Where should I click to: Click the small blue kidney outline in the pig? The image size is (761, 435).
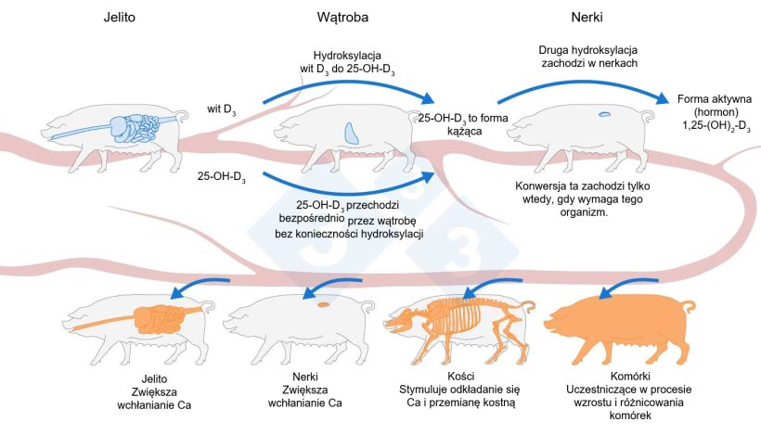pyautogui.click(x=604, y=115)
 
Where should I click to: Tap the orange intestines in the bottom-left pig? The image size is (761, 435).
pyautogui.click(x=158, y=321)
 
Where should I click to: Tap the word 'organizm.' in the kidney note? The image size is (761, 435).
pyautogui.click(x=583, y=211)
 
